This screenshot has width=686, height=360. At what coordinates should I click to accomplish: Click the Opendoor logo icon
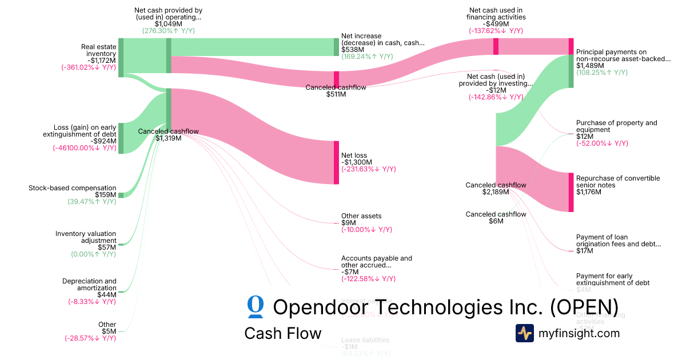256,307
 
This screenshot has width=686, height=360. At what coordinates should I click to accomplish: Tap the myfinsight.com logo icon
524,333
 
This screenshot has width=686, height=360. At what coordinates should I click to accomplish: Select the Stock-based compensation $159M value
105,195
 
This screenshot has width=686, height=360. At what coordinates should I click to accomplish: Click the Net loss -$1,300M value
354,162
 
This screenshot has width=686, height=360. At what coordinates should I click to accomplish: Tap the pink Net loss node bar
336,162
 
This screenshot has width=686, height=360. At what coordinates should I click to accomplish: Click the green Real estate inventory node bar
121,57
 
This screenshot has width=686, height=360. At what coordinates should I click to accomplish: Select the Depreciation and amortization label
89,285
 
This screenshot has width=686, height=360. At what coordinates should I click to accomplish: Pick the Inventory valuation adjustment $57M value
107,247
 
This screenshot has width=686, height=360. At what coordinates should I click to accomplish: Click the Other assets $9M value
349,223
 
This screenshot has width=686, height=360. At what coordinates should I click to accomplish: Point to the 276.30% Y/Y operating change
168,31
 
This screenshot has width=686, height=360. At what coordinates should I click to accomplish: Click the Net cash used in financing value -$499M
496,24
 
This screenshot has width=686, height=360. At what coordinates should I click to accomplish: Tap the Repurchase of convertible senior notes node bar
571,192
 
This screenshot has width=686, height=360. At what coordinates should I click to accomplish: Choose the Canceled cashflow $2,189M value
496,192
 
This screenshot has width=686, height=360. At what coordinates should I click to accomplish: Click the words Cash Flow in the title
282,333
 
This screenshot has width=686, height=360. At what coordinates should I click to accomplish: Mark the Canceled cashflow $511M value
336,94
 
